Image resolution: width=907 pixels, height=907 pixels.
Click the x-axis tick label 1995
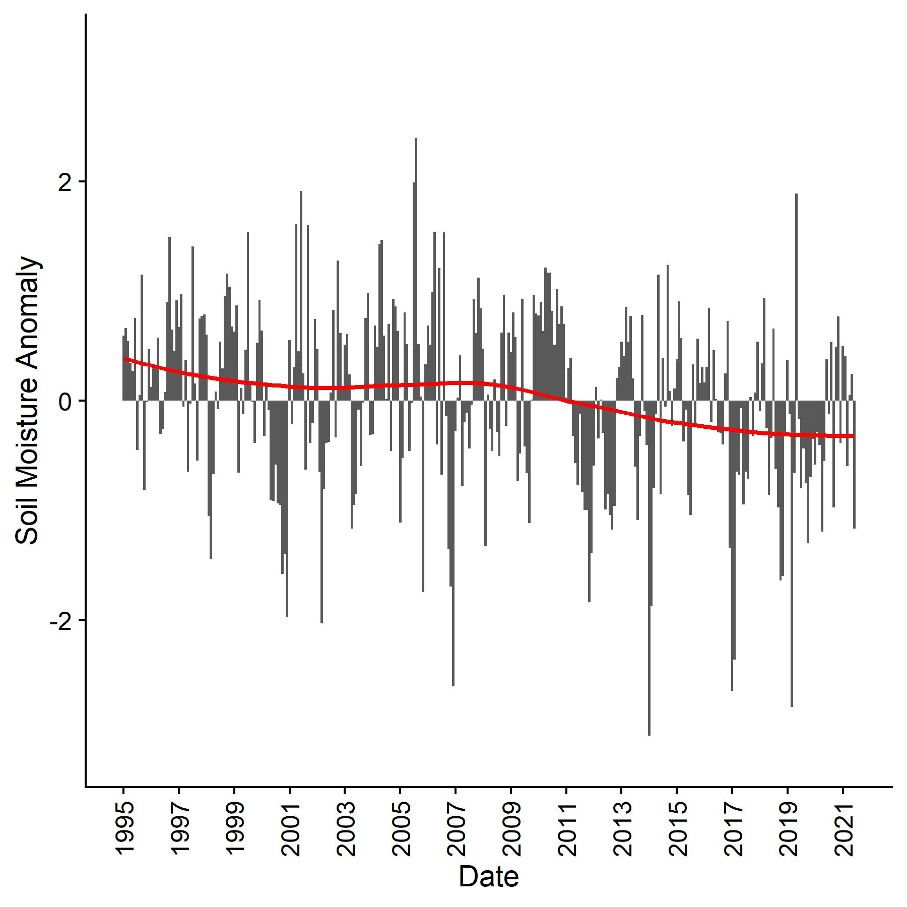[x=123, y=829]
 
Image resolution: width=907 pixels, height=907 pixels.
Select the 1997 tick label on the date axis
[x=179, y=829]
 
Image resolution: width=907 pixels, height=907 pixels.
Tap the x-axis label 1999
[x=234, y=829]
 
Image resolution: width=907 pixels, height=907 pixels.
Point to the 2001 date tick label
[x=290, y=829]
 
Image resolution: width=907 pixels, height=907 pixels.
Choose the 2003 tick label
[x=345, y=829]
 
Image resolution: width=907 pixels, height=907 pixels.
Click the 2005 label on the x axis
[x=400, y=829]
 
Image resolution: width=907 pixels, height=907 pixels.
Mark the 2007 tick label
[x=456, y=829]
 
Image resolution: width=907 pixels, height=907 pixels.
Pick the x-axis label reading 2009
[x=511, y=829]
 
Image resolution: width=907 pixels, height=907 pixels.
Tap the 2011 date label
[x=566, y=829]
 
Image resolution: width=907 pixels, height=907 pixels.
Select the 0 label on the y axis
[x=64, y=401]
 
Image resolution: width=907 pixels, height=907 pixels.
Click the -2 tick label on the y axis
[x=59, y=621]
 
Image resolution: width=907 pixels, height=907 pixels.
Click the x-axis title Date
[x=488, y=877]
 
